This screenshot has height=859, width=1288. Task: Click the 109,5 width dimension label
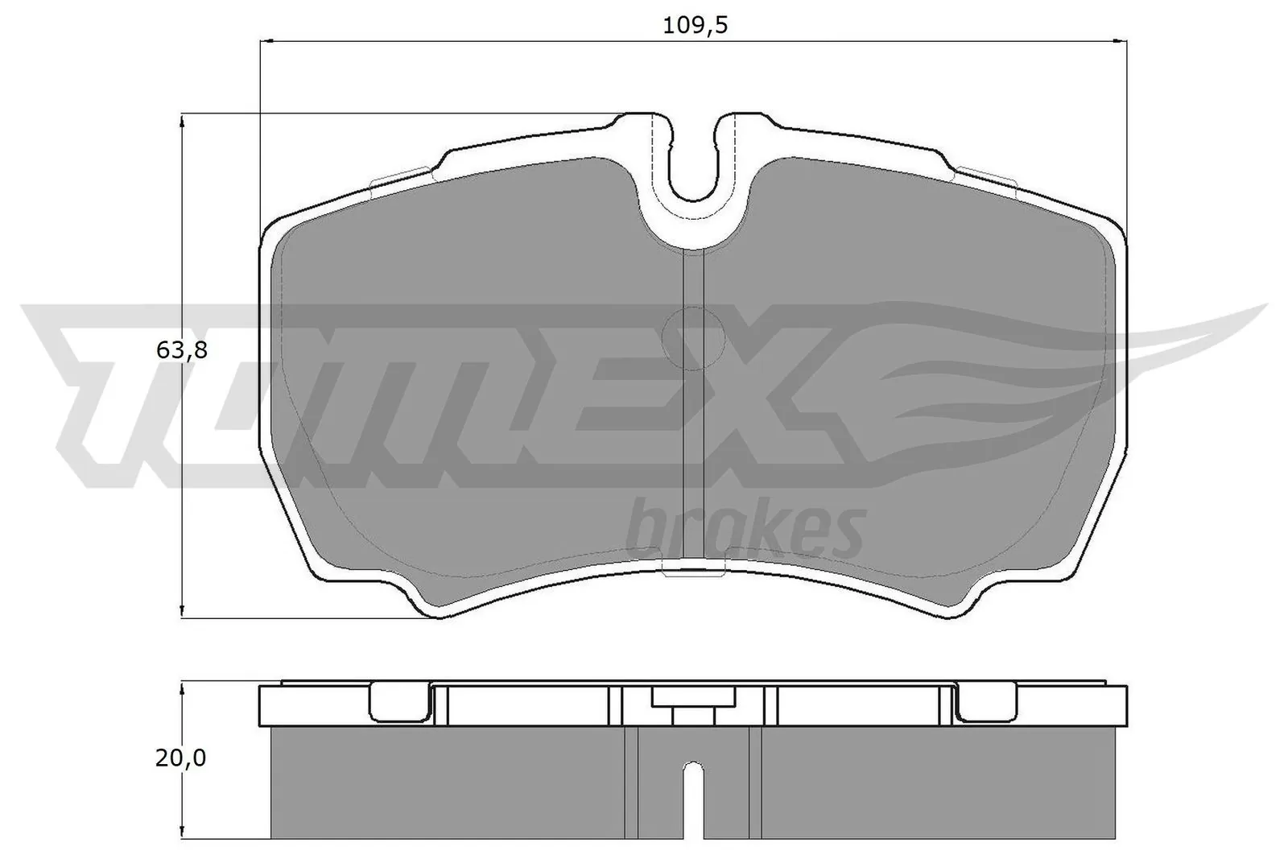click(x=695, y=25)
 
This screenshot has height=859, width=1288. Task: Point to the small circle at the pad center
click(x=693, y=339)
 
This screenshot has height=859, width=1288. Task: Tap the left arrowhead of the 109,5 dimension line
click(x=266, y=39)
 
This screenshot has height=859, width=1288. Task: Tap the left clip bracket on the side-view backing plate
click(x=398, y=703)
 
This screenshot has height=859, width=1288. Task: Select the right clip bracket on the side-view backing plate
click(x=986, y=703)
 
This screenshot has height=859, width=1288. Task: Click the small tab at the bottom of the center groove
click(x=693, y=572)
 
